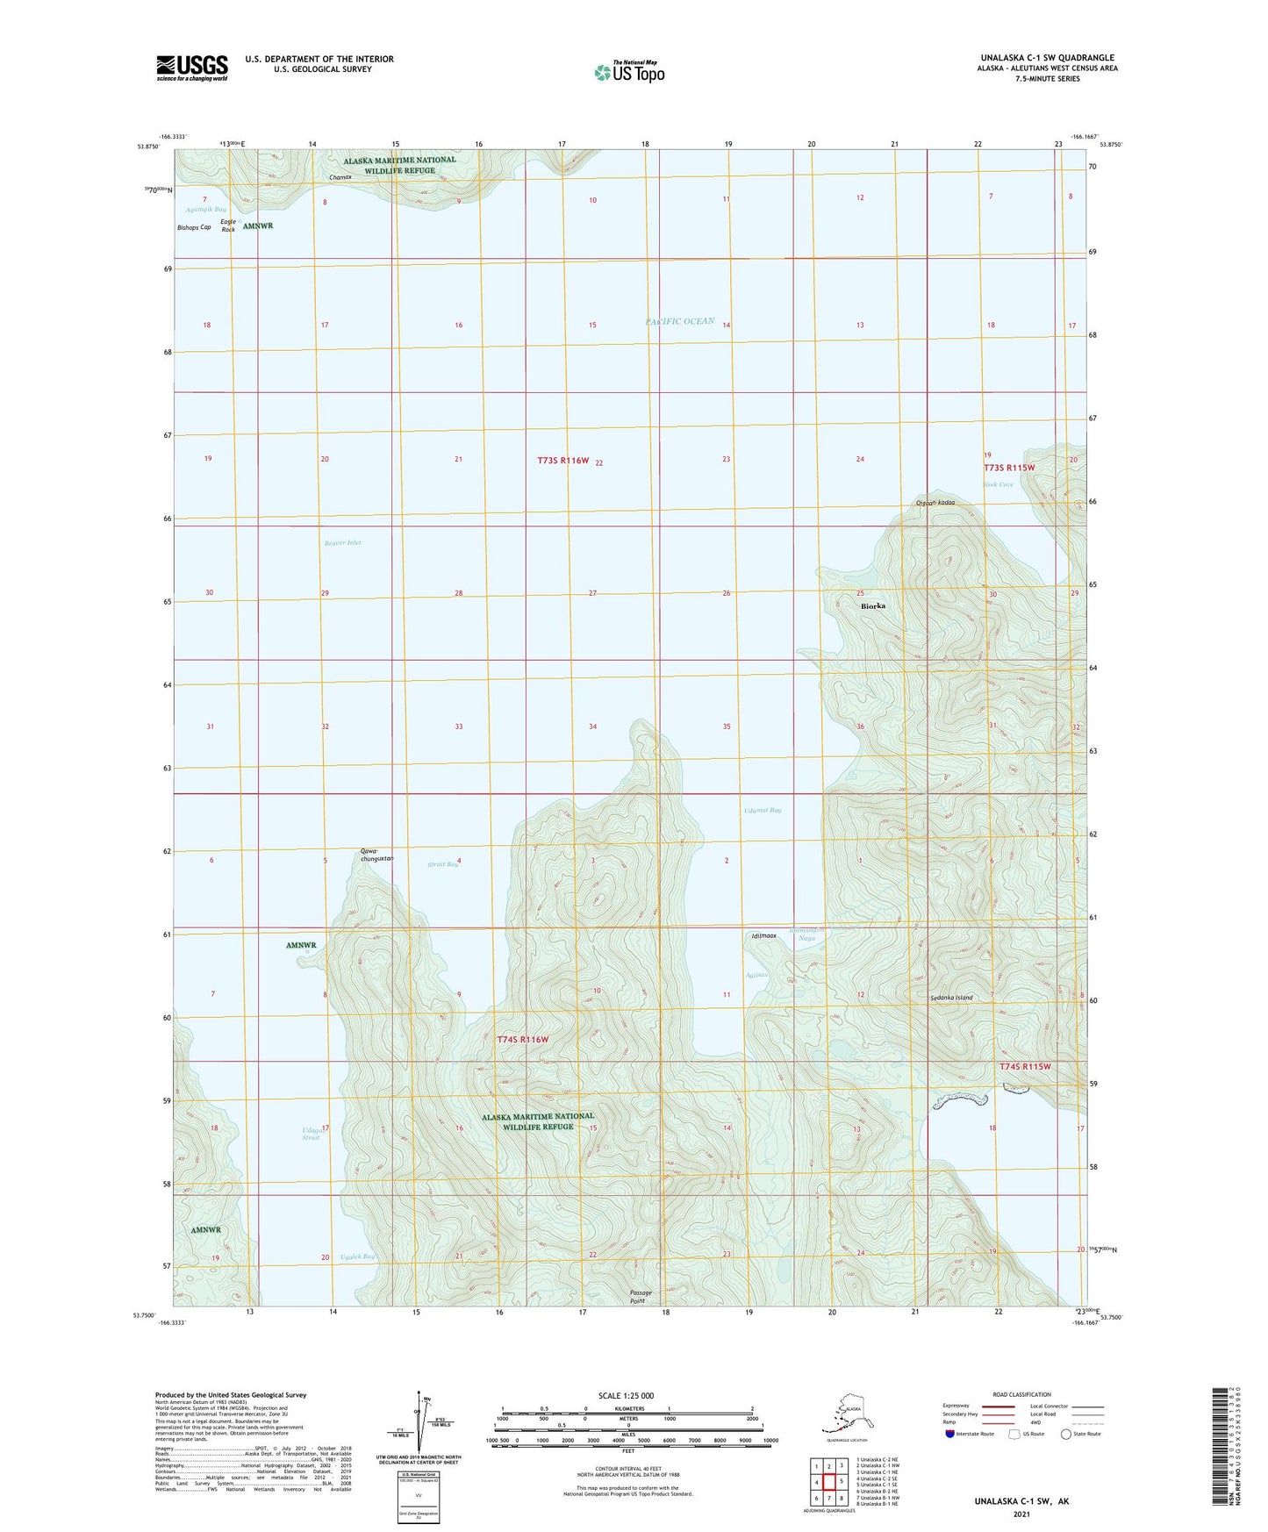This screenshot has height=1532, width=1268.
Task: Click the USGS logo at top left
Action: (x=191, y=68)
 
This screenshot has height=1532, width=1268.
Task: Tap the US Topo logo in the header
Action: (x=628, y=72)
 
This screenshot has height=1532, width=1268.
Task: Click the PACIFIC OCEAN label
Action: (x=680, y=321)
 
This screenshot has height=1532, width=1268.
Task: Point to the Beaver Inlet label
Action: (x=342, y=542)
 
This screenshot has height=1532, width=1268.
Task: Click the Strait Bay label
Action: (x=442, y=864)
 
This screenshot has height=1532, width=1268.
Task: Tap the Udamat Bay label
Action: (x=763, y=810)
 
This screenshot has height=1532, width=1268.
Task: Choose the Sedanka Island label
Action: (x=951, y=998)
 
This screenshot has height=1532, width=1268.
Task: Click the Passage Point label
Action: (x=642, y=1297)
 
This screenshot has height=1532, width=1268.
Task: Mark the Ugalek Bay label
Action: (x=357, y=1256)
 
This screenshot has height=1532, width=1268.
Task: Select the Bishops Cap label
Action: (x=194, y=227)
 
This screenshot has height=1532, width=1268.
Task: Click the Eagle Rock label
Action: (x=228, y=226)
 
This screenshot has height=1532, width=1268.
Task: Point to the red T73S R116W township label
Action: (x=562, y=461)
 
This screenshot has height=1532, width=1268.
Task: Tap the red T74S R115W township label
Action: (x=1024, y=1067)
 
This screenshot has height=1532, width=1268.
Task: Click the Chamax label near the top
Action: (x=340, y=177)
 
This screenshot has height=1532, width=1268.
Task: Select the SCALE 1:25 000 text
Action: (x=626, y=1395)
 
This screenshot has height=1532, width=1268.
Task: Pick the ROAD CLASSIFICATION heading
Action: (x=1021, y=1394)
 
